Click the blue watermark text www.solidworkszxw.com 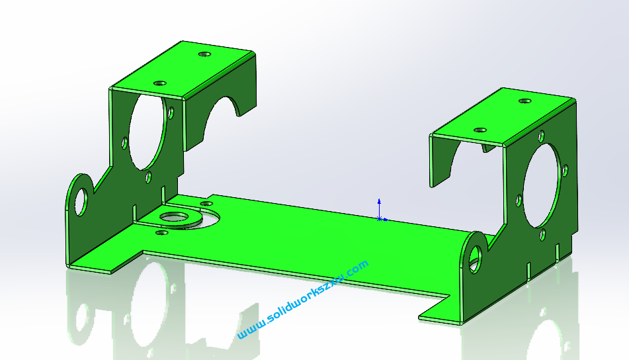pos(302,300)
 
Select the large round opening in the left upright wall pos(147,132)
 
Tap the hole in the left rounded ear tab pos(81,201)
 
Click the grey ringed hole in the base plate pos(174,216)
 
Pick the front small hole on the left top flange pos(159,83)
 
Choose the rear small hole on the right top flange pos(524,101)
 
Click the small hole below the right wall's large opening pos(542,234)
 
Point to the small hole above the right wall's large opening pos(541,137)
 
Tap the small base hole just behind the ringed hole pos(206,203)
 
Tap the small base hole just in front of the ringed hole pos(159,233)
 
